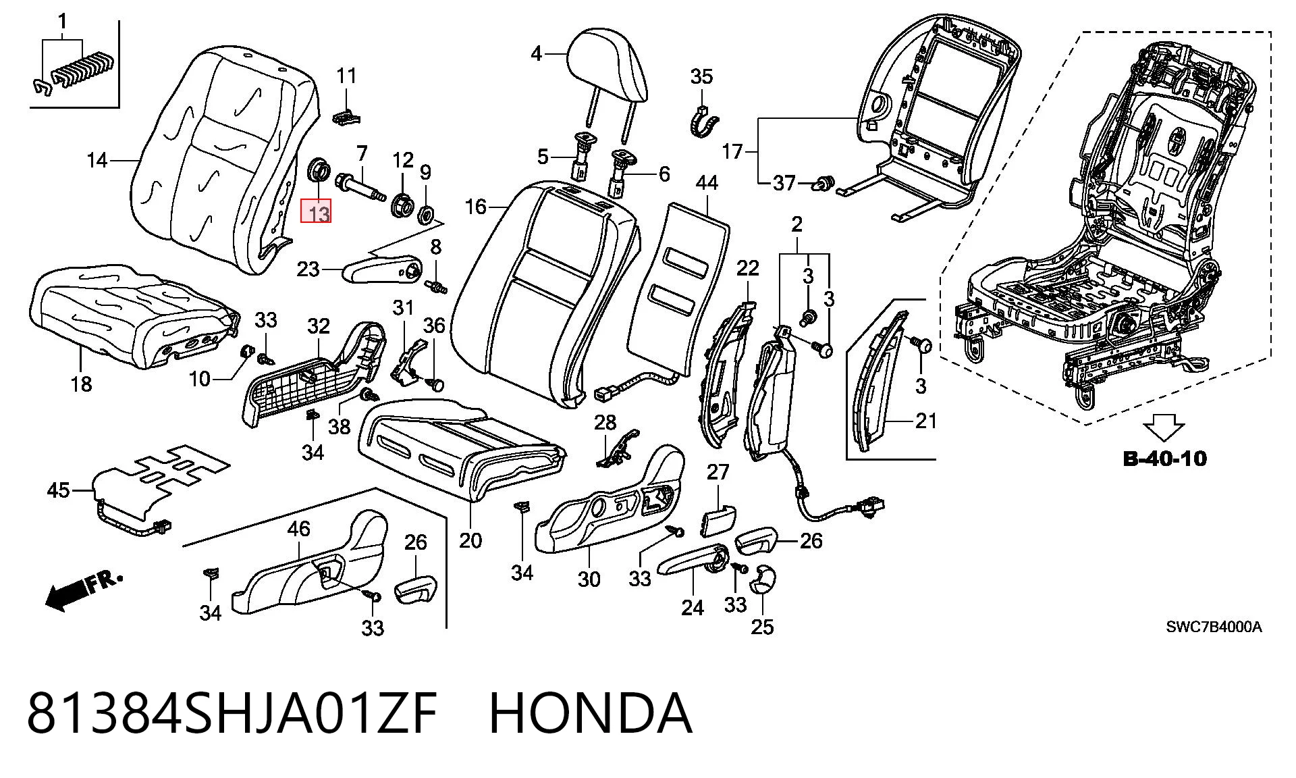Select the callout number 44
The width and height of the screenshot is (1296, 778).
707,182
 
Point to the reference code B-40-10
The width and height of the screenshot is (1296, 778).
1165,459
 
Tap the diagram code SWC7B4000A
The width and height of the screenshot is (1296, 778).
1214,626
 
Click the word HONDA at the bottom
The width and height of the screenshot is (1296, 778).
590,713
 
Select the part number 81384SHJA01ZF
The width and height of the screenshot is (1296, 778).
232,713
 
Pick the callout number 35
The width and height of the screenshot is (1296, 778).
701,76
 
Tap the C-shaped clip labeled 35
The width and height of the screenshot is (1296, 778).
703,122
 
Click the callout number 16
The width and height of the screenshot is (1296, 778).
476,206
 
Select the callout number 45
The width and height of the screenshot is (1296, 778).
59,490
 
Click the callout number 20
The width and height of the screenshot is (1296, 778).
470,540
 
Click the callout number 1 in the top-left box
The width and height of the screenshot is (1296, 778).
63,23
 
